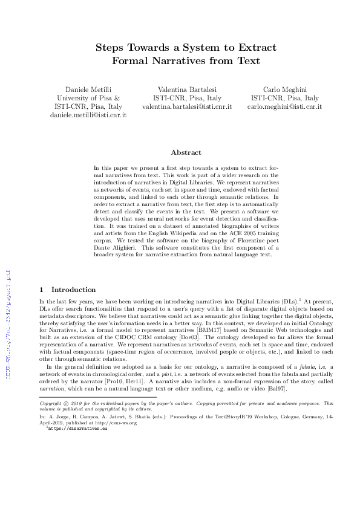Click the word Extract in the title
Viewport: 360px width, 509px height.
254,47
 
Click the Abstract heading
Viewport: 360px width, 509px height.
186,152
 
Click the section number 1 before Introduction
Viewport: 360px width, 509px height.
41,290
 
